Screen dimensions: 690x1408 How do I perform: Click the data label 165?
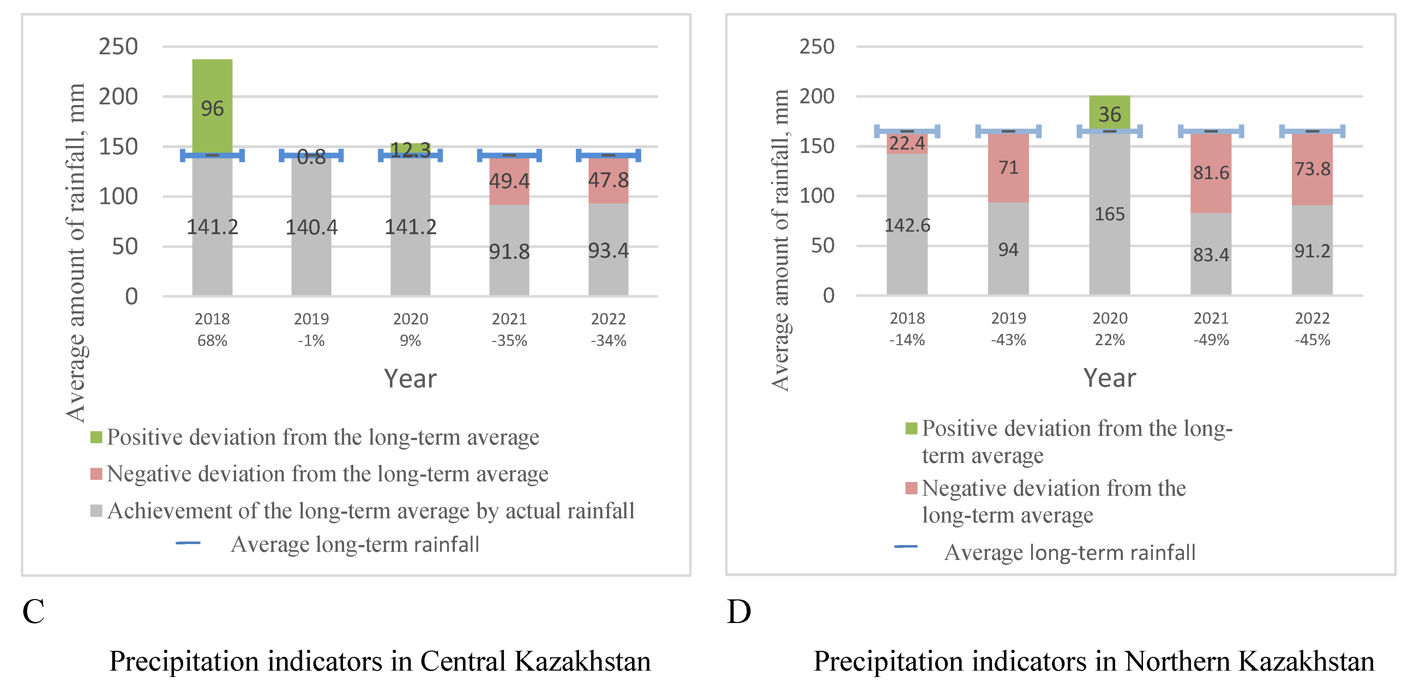[x=1109, y=214]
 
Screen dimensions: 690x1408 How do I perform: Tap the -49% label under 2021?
[x=1211, y=340]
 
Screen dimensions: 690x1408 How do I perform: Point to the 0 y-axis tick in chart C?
[x=131, y=297]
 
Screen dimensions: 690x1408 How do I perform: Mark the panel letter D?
[x=739, y=611]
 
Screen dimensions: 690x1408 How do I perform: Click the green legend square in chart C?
[x=96, y=437]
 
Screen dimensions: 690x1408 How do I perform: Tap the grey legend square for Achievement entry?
[x=96, y=511]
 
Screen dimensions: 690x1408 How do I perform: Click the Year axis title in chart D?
[x=1109, y=378]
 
